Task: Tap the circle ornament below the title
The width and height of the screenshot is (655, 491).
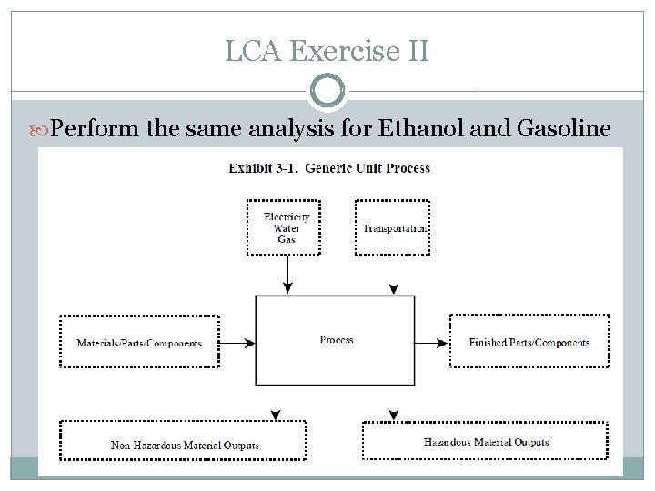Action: (x=327, y=91)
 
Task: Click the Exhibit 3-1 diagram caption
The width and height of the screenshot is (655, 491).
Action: (x=329, y=168)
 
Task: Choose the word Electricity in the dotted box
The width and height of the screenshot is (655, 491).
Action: (x=287, y=216)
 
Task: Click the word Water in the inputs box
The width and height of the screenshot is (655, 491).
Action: (x=287, y=228)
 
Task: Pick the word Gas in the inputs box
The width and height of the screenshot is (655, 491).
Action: (x=287, y=239)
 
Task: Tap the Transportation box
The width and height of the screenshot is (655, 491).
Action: (x=393, y=227)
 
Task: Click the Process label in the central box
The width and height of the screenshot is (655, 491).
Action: (x=337, y=340)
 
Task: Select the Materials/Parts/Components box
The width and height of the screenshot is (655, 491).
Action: (x=139, y=342)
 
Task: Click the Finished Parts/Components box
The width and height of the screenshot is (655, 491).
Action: (x=529, y=342)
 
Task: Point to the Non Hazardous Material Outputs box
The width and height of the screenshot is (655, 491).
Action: (x=185, y=445)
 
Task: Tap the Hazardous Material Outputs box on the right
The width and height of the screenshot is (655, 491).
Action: (x=486, y=442)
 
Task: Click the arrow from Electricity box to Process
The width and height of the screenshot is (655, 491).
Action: (x=287, y=273)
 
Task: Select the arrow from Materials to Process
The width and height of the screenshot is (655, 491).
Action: (x=237, y=343)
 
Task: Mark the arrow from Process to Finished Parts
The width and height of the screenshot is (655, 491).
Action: (x=433, y=343)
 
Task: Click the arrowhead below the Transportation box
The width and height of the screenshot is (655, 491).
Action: (x=393, y=289)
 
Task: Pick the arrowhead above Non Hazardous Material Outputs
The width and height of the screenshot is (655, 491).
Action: (x=276, y=416)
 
